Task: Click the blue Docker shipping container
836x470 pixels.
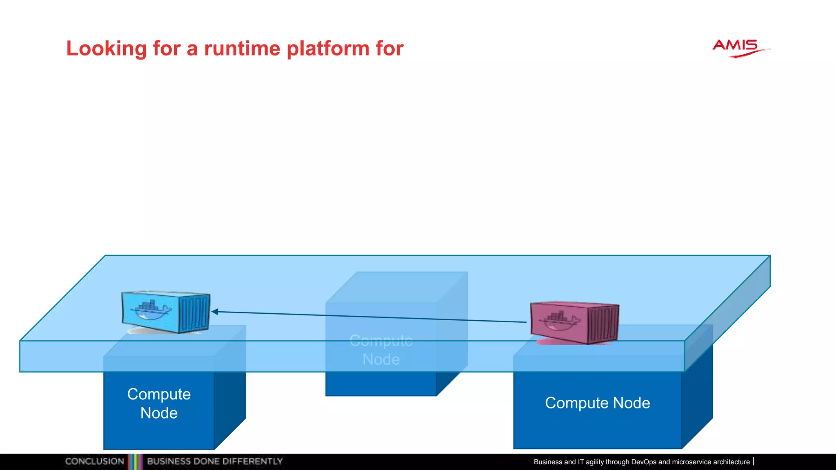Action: tap(165, 312)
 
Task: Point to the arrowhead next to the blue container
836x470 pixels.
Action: tap(215, 312)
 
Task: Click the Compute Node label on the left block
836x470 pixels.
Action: tap(159, 403)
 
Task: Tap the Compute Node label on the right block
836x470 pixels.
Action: tap(597, 403)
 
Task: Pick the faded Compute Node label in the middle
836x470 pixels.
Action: tap(381, 350)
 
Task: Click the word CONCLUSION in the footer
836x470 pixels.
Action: tap(95, 461)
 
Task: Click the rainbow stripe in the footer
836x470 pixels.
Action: tap(135, 461)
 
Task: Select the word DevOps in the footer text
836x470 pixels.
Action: tap(643, 462)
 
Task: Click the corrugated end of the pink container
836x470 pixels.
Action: tap(603, 324)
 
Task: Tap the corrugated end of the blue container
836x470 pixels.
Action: tap(195, 313)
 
